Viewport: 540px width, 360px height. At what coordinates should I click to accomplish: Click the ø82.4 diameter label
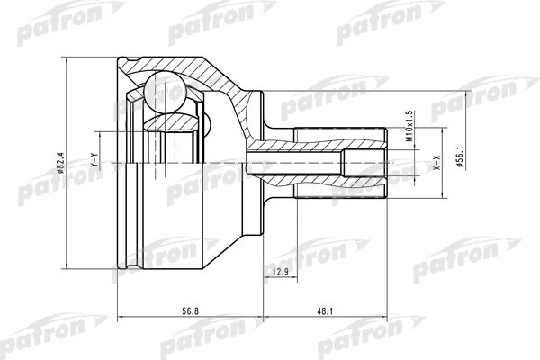click(x=60, y=163)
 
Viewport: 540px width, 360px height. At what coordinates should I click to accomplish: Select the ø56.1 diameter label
click(x=461, y=157)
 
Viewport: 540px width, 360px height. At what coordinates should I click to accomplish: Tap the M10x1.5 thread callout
click(x=409, y=126)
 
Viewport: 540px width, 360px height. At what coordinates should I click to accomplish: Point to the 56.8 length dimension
click(x=190, y=311)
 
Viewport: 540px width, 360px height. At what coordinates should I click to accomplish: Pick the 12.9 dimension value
click(x=280, y=272)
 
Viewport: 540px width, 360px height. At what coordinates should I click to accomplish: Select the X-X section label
click(x=437, y=163)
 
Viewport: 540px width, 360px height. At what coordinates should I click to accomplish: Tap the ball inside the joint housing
click(x=166, y=92)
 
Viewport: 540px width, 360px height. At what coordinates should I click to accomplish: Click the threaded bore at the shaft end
click(x=364, y=163)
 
